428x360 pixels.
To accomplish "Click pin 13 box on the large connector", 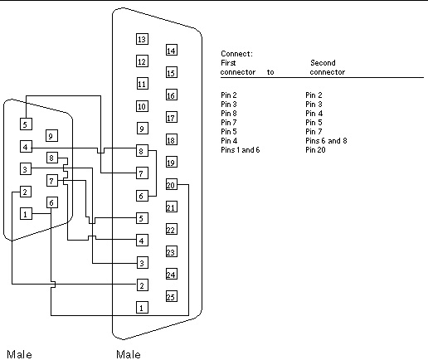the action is click(x=142, y=39).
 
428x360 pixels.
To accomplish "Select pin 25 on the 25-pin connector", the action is click(x=171, y=296).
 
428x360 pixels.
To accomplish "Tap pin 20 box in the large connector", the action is click(x=171, y=185).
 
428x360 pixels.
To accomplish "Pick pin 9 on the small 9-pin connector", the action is click(x=51, y=136).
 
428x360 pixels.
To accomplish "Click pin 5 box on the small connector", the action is click(x=26, y=124).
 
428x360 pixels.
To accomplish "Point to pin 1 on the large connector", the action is click(x=142, y=308).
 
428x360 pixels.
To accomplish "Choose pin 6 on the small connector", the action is click(x=51, y=202).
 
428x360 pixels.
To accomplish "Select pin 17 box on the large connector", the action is click(x=171, y=118).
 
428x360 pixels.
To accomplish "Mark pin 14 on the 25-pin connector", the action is click(x=171, y=51).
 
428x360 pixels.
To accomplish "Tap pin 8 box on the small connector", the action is click(x=51, y=158).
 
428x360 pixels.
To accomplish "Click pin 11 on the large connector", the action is click(x=142, y=84).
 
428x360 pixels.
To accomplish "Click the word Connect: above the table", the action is click(x=236, y=54).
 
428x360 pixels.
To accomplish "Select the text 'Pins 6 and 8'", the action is click(x=326, y=141).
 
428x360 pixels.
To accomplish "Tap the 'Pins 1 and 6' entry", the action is click(x=241, y=150).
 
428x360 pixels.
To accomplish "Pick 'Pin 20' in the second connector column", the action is click(x=315, y=150).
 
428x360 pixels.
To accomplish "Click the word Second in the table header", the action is click(x=323, y=63).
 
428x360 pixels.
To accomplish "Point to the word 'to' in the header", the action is click(x=270, y=72).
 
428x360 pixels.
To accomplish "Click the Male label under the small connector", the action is click(x=19, y=354).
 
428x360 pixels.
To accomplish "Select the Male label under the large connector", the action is click(x=129, y=354).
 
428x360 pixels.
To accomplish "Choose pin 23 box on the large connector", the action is click(x=171, y=252).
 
